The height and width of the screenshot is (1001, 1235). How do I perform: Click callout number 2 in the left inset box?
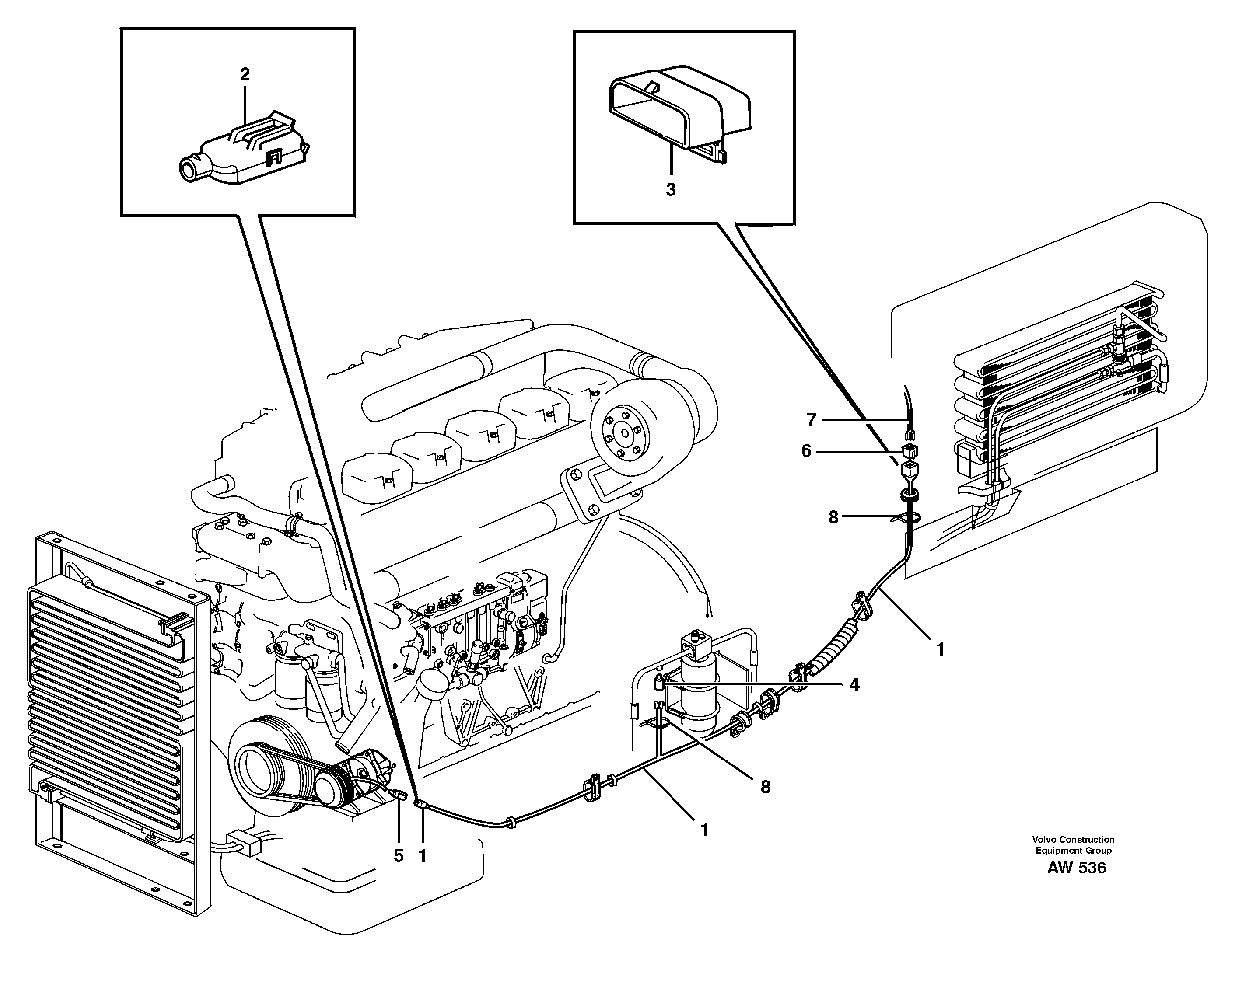[245, 74]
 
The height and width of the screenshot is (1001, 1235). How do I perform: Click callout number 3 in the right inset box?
[670, 190]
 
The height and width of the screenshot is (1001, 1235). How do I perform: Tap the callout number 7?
[811, 420]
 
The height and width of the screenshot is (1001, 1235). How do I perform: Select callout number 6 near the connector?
[806, 451]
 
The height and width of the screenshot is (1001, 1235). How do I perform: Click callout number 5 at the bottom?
[399, 856]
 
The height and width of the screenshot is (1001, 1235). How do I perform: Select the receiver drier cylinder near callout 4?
[700, 689]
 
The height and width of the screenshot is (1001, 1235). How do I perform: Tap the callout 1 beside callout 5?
[422, 856]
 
